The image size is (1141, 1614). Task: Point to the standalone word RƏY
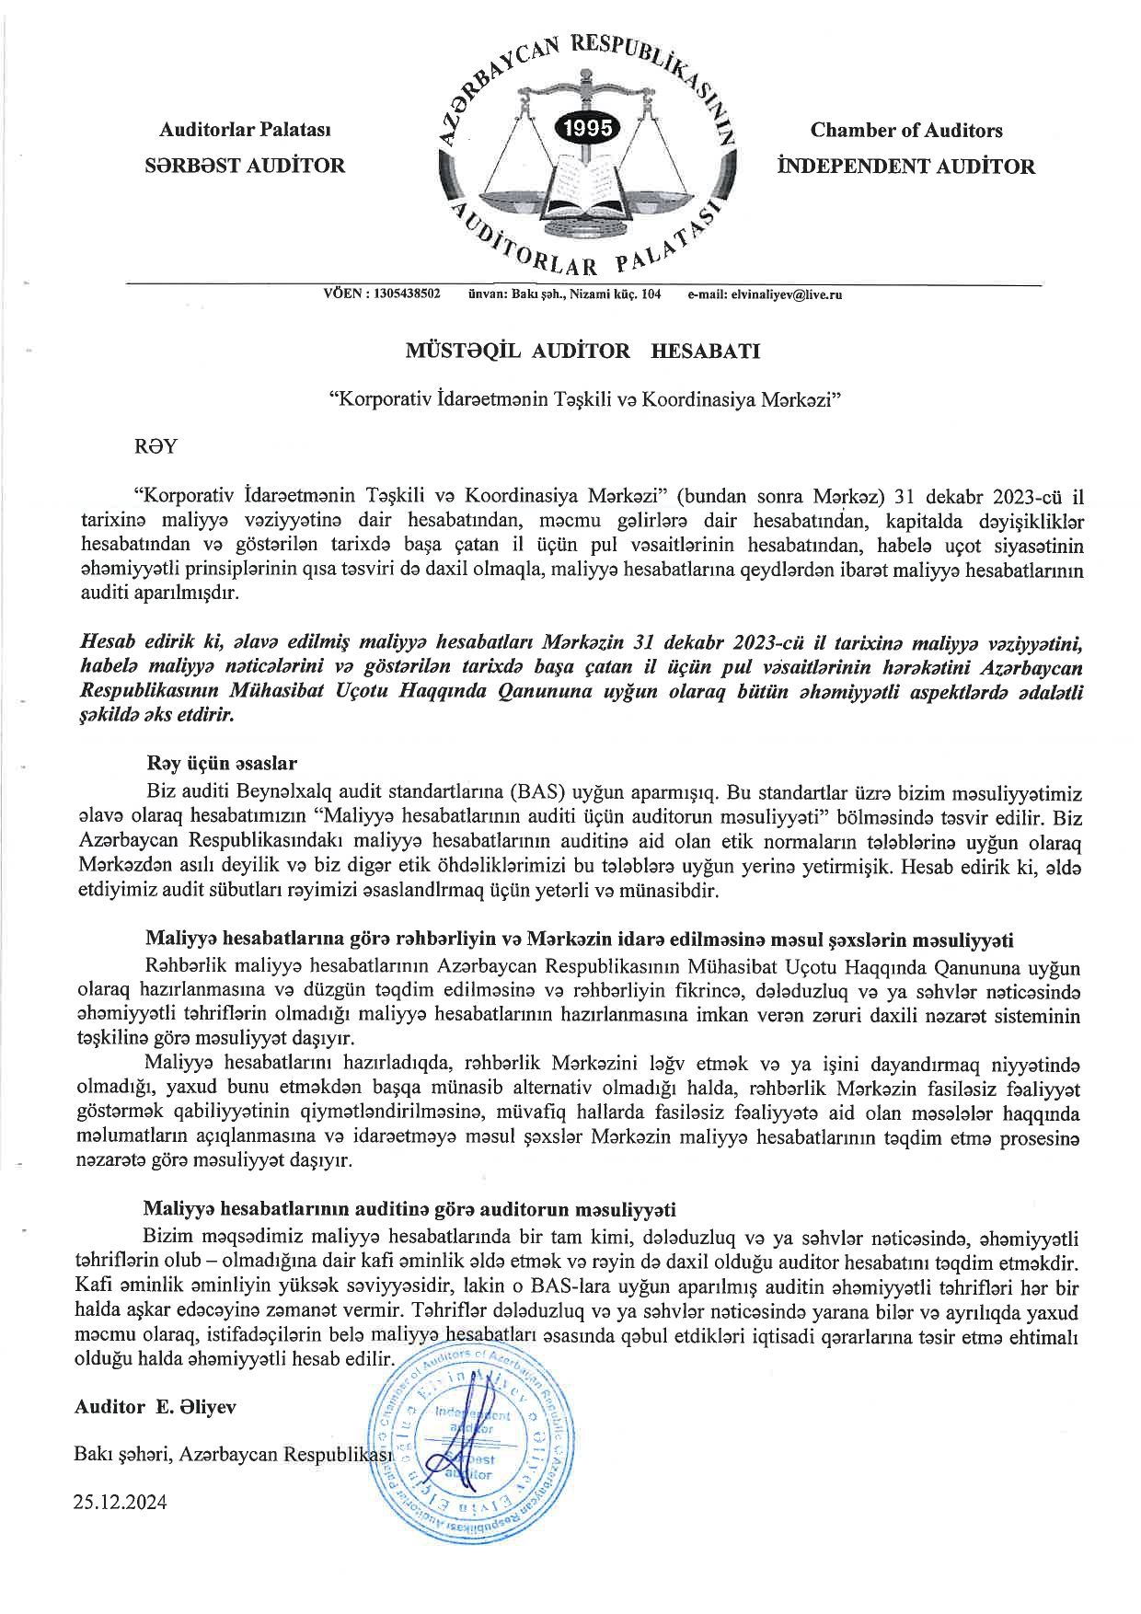pyautogui.click(x=156, y=447)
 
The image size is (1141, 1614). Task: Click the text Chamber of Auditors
pyautogui.click(x=905, y=131)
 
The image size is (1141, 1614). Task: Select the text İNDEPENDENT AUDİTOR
pyautogui.click(x=905, y=167)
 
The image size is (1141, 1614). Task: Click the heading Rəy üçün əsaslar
pyautogui.click(x=221, y=764)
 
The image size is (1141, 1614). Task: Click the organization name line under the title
pyautogui.click(x=586, y=400)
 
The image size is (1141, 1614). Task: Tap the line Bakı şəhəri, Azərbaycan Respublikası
pyautogui.click(x=235, y=1455)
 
